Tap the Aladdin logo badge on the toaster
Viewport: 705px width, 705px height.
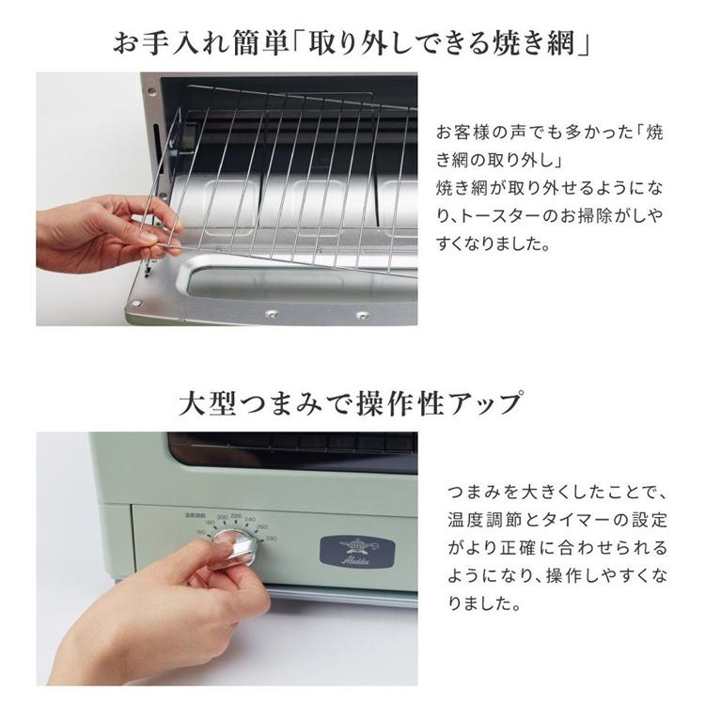point(357,551)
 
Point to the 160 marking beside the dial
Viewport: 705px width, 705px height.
point(201,532)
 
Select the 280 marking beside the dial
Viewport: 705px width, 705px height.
point(272,539)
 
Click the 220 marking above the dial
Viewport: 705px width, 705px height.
point(236,517)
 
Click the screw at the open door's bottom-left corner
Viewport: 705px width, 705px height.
point(136,305)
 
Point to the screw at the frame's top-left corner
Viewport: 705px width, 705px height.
point(152,91)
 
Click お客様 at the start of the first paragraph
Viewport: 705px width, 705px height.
point(462,133)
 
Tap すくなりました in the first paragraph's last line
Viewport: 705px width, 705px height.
point(493,244)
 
